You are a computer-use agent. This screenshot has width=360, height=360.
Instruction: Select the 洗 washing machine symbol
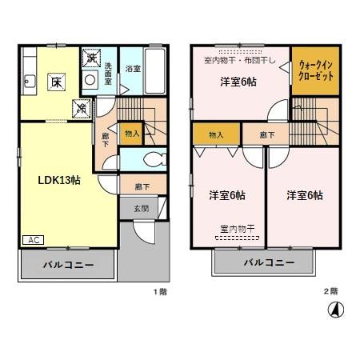(90, 58)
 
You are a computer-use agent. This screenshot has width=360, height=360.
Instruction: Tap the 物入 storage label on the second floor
(215, 135)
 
